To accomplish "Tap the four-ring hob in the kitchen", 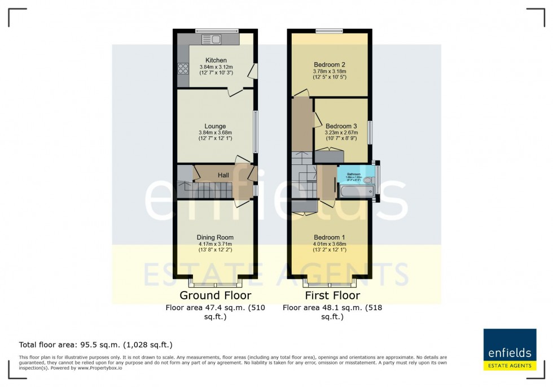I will click(x=183, y=69).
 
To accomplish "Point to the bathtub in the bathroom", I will click(x=355, y=193).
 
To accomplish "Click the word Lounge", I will click(x=216, y=126).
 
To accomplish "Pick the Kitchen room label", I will click(x=216, y=60).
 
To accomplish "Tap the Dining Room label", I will click(x=215, y=237).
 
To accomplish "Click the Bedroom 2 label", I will click(x=330, y=64).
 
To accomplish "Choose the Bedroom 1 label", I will click(x=330, y=237).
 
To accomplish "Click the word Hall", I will click(x=224, y=176).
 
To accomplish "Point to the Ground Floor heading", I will click(x=215, y=295).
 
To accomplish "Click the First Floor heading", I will click(x=332, y=295).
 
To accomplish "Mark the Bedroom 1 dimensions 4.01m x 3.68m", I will click(x=330, y=244).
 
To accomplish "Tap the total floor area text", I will click(x=96, y=344).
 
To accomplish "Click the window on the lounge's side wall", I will click(x=256, y=132).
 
